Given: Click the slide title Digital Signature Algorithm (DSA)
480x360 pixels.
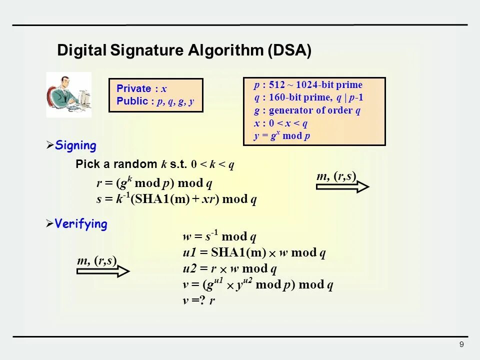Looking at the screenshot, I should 184,50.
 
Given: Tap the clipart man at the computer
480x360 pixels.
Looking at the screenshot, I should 68,94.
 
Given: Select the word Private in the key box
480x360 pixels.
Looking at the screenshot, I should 133,89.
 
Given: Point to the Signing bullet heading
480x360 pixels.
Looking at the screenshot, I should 75,145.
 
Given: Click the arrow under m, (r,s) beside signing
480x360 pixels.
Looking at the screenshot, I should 342,186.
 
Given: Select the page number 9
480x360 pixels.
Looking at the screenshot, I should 461,344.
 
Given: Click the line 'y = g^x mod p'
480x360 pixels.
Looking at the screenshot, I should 282,136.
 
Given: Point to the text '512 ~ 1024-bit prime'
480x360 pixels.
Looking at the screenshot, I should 315,84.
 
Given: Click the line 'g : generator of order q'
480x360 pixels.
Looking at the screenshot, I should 307,110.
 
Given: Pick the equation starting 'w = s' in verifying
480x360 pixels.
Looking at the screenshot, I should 220,236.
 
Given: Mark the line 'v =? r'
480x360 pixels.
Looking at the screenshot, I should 198,301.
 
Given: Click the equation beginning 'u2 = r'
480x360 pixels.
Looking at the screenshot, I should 229,269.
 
